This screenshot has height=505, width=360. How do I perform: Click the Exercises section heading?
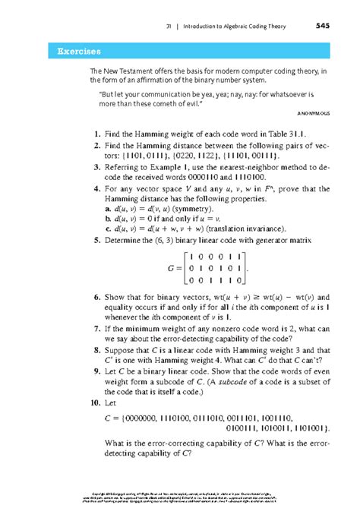[x=74, y=52]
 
